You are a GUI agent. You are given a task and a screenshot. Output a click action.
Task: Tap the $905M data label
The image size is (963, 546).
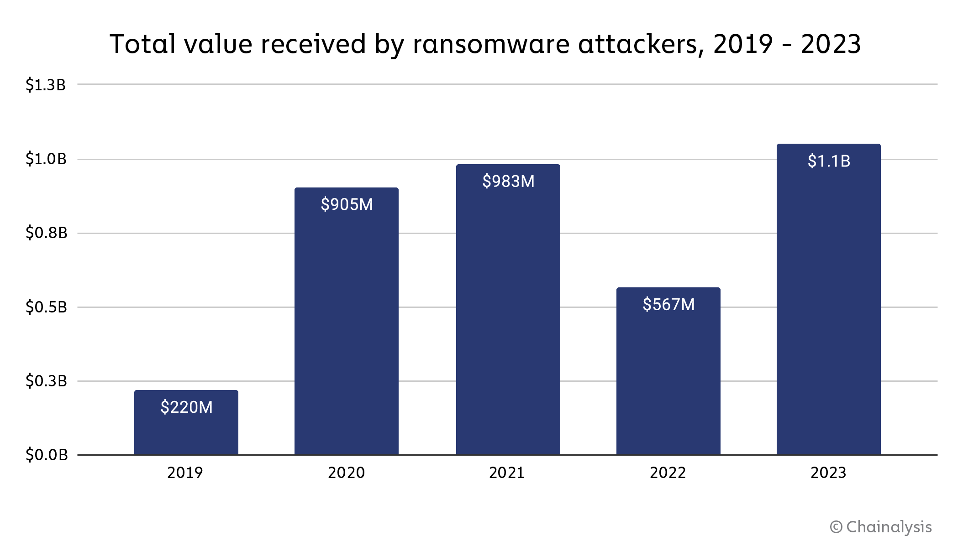[x=347, y=204]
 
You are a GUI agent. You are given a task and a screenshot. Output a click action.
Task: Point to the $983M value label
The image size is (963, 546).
[x=508, y=181]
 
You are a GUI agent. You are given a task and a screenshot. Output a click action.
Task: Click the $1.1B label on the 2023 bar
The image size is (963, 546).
[x=829, y=161]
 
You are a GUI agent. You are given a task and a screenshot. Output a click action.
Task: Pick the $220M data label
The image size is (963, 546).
[x=186, y=407]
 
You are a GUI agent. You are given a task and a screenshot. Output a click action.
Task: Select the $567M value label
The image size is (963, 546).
[x=668, y=304]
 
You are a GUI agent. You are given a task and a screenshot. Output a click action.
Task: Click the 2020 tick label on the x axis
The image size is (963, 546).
[x=346, y=473]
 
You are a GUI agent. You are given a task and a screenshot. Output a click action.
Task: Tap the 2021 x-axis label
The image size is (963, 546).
[x=507, y=473]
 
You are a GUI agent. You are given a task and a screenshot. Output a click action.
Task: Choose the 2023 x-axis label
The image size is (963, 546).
[x=828, y=473]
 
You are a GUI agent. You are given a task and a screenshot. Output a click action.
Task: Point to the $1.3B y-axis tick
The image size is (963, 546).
[x=46, y=85]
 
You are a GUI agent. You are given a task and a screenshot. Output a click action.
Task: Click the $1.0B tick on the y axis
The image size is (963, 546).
[x=46, y=159]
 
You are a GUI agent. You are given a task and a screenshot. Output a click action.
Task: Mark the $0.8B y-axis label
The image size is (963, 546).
[x=46, y=233]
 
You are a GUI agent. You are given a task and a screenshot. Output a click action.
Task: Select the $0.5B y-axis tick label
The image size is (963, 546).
[x=46, y=307]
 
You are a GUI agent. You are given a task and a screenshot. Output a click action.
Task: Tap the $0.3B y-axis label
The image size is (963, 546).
[x=46, y=380]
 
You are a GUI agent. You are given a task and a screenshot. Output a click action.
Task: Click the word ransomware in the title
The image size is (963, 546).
[x=491, y=44]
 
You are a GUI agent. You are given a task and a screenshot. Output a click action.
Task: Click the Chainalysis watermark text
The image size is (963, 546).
[x=889, y=527]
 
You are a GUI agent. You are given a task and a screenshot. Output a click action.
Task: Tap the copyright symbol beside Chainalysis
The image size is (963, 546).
[x=836, y=527]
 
